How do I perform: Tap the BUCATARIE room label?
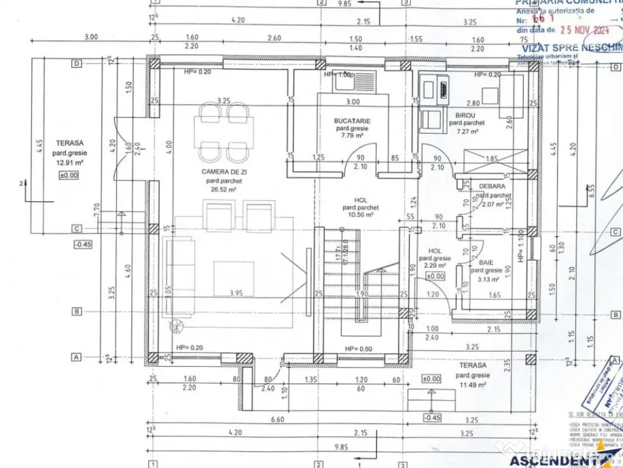[x=352, y=121]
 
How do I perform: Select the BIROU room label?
[x=465, y=115]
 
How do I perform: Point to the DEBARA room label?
[x=492, y=186]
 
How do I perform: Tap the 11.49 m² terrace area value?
[x=472, y=385]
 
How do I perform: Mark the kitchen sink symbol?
[x=352, y=81]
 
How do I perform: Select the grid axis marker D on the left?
[x=77, y=63]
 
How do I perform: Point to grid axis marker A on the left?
[x=77, y=356]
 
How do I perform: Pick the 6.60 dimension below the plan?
[x=277, y=419]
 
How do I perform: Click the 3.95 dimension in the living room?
[x=236, y=293]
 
